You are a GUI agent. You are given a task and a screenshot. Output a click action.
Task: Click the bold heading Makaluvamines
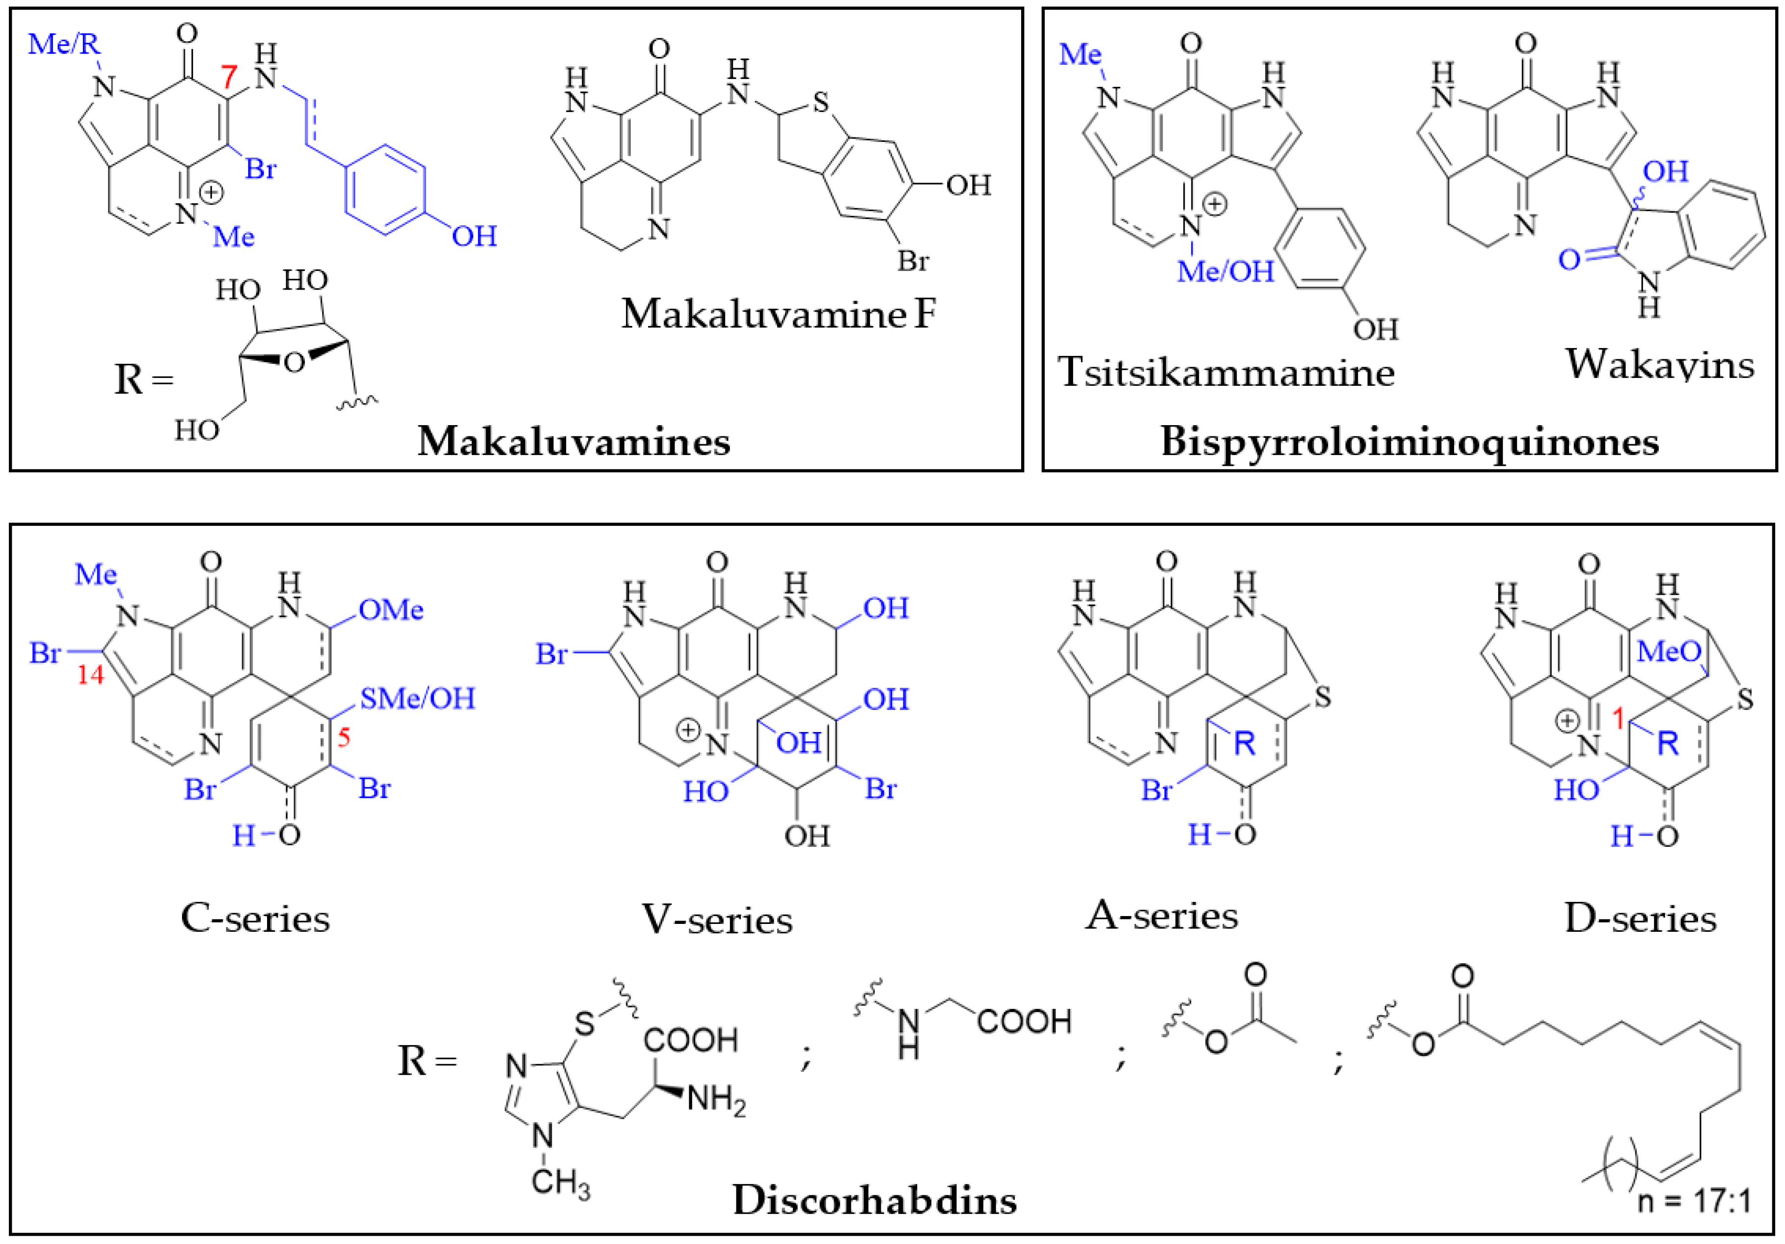coord(574,442)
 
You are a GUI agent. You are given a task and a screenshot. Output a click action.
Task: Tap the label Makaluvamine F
coord(778,314)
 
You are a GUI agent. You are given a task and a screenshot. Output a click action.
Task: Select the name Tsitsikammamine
coord(1226,373)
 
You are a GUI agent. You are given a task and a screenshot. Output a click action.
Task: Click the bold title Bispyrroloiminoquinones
coord(1409,442)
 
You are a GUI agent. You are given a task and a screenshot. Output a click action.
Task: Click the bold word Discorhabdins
coord(875,1200)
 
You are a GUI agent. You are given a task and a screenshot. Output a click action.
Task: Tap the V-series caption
coord(717,920)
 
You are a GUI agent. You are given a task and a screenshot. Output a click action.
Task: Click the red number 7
coord(228,78)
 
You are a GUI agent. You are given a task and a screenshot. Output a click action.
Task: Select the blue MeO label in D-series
coord(1668,651)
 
